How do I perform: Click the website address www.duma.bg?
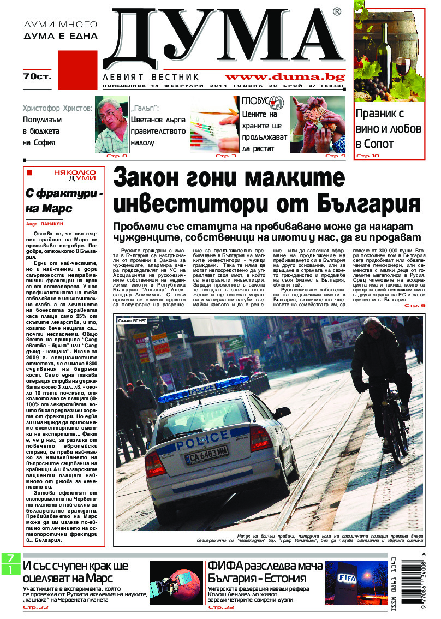point(288,77)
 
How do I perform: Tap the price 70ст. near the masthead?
point(37,76)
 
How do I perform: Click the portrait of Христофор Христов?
point(111,124)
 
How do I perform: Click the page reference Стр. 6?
point(414,305)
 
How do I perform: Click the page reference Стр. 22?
point(35,607)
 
